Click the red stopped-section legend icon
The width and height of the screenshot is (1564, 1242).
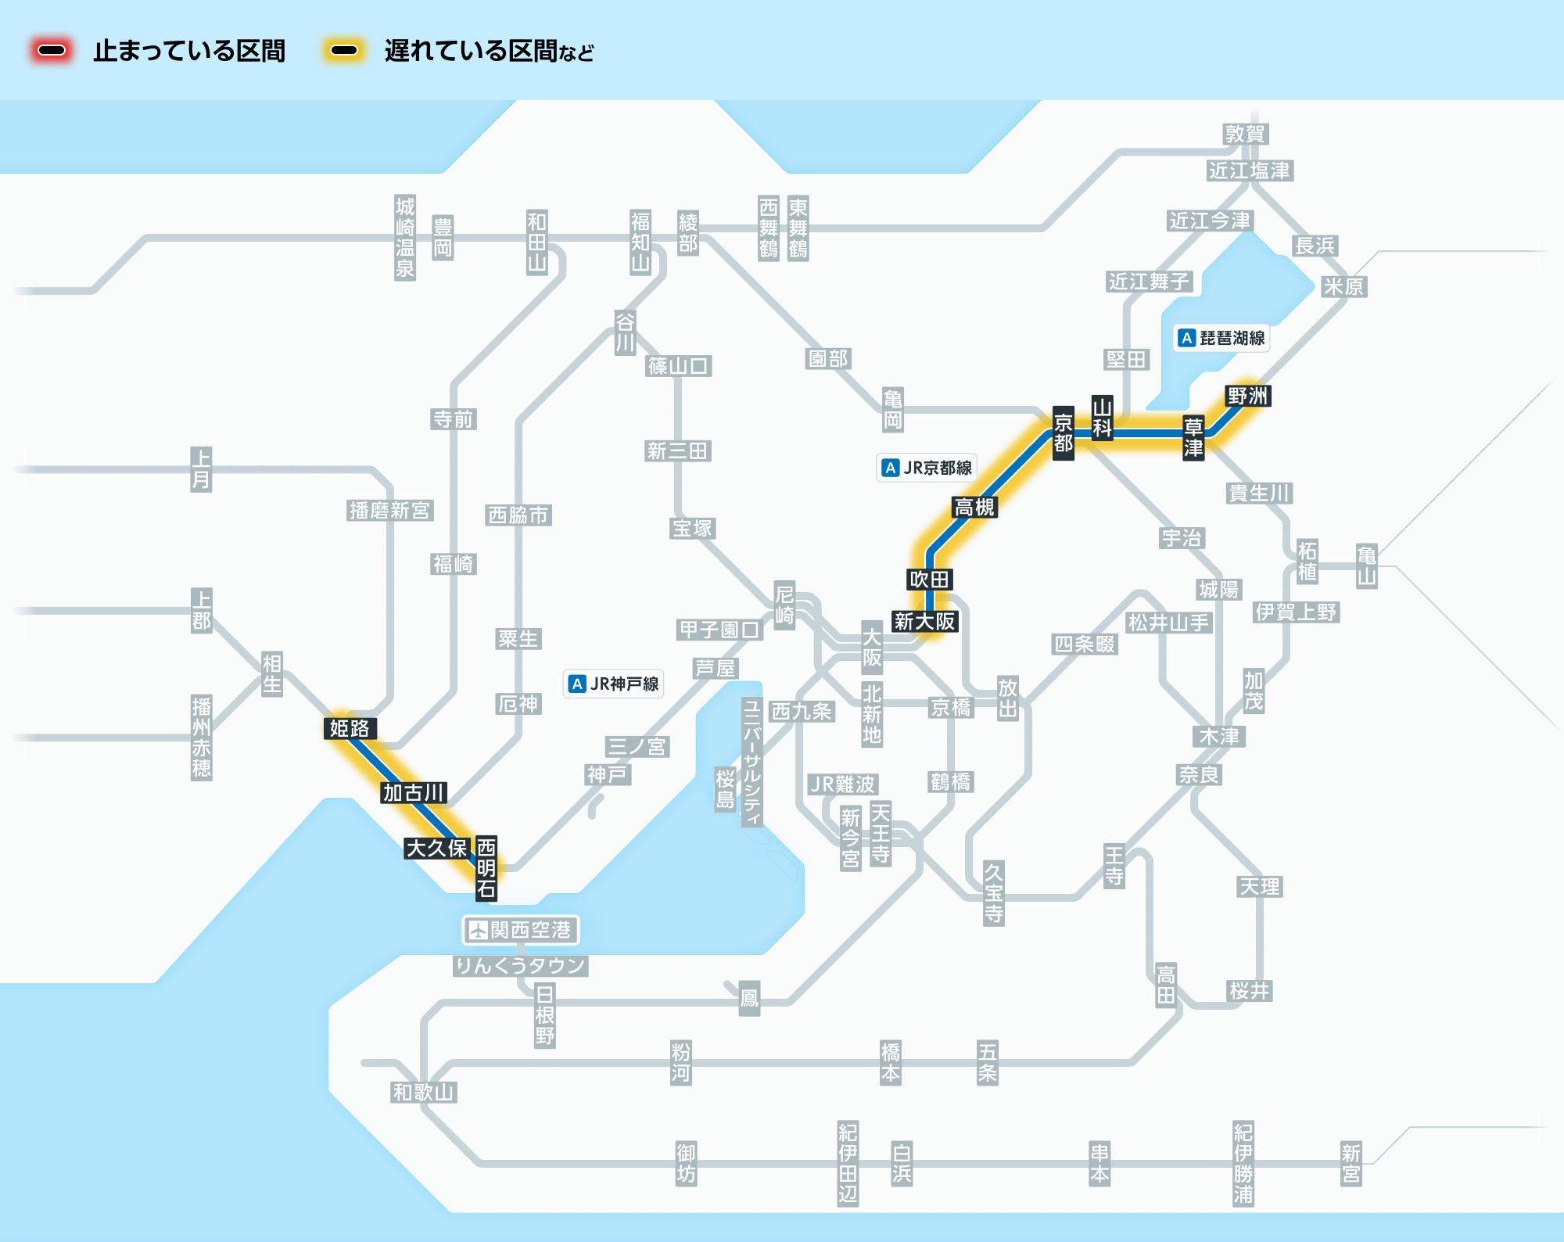[x=52, y=51]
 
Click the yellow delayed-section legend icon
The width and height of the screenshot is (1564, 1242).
[x=344, y=51]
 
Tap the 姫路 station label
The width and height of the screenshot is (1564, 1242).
[x=350, y=729]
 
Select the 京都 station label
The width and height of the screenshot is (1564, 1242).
[x=1063, y=433]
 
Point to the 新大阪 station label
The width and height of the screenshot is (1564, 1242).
[x=924, y=622]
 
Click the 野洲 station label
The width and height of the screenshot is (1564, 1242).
[x=1247, y=397]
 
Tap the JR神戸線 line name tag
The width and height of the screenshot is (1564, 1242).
[x=614, y=684]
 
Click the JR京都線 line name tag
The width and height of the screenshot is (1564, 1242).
[x=927, y=468]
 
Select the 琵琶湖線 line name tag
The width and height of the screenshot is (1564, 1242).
[x=1223, y=338]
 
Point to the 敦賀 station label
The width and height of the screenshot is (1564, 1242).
[x=1245, y=135]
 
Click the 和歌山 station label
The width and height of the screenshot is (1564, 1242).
[x=423, y=1093]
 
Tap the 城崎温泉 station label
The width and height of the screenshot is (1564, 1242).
[x=405, y=238]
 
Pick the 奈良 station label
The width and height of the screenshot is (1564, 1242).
[x=1199, y=775]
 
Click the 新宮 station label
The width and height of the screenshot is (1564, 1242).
[x=1351, y=1164]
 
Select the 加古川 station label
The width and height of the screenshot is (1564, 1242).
[x=414, y=793]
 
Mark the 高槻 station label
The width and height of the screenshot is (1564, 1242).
[x=974, y=508]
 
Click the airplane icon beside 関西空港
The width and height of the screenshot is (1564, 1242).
[x=477, y=930]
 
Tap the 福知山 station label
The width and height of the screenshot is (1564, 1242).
[x=640, y=242]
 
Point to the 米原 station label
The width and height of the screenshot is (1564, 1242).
[x=1343, y=287]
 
